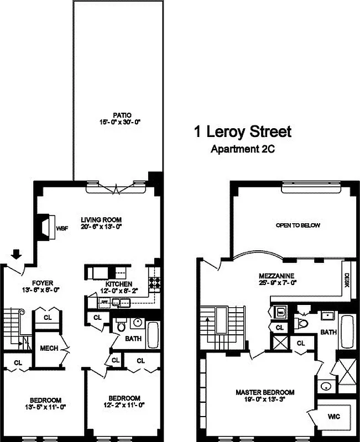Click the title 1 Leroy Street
click(x=242, y=133)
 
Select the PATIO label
click(x=117, y=115)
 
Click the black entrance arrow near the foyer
click(x=17, y=254)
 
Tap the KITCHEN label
click(x=119, y=283)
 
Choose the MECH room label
click(x=48, y=348)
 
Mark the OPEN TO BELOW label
click(x=298, y=225)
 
